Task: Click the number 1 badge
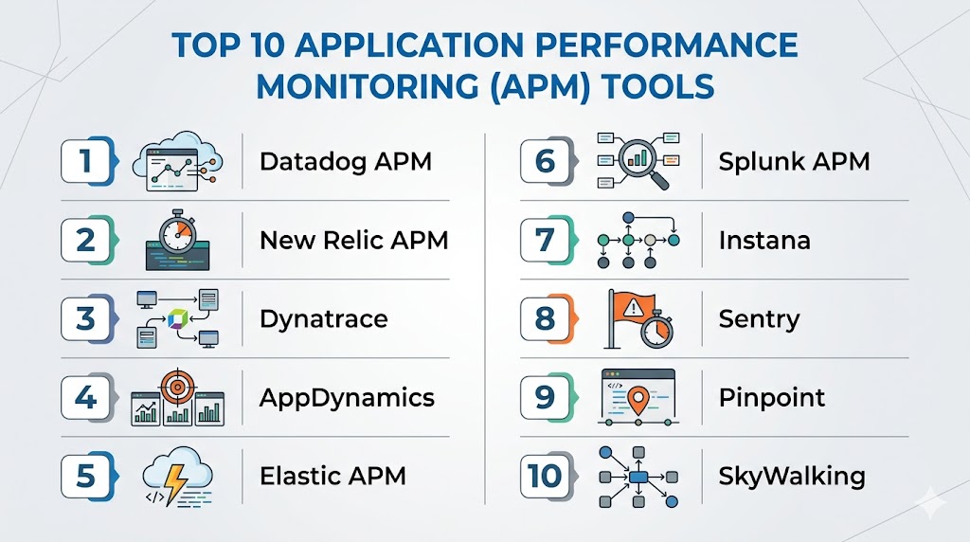(87, 161)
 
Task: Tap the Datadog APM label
(345, 161)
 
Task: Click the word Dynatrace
(324, 319)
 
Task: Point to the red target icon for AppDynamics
(177, 388)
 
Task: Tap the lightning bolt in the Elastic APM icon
(175, 482)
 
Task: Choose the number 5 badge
(87, 476)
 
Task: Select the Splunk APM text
(794, 161)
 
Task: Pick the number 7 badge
(547, 240)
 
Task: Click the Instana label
(764, 240)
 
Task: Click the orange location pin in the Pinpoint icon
(638, 400)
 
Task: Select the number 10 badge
(547, 476)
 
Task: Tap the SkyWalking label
(792, 477)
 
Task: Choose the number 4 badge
(87, 397)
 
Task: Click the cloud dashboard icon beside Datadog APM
(177, 161)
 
